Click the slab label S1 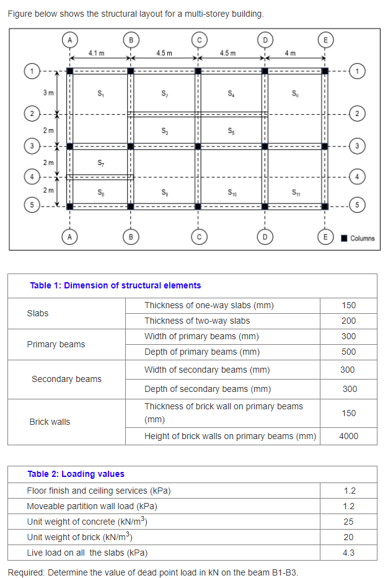point(100,94)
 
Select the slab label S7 point(100,163)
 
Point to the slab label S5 point(231,131)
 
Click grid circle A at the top point(70,40)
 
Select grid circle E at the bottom point(324,236)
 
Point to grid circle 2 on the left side point(29,114)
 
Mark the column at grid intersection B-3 point(131,146)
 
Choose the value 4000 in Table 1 point(348,436)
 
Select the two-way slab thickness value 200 point(348,321)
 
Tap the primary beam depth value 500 point(348,352)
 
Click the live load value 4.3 point(348,553)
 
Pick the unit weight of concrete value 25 point(348,522)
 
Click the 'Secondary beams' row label point(66,379)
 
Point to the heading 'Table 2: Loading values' point(76,474)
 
